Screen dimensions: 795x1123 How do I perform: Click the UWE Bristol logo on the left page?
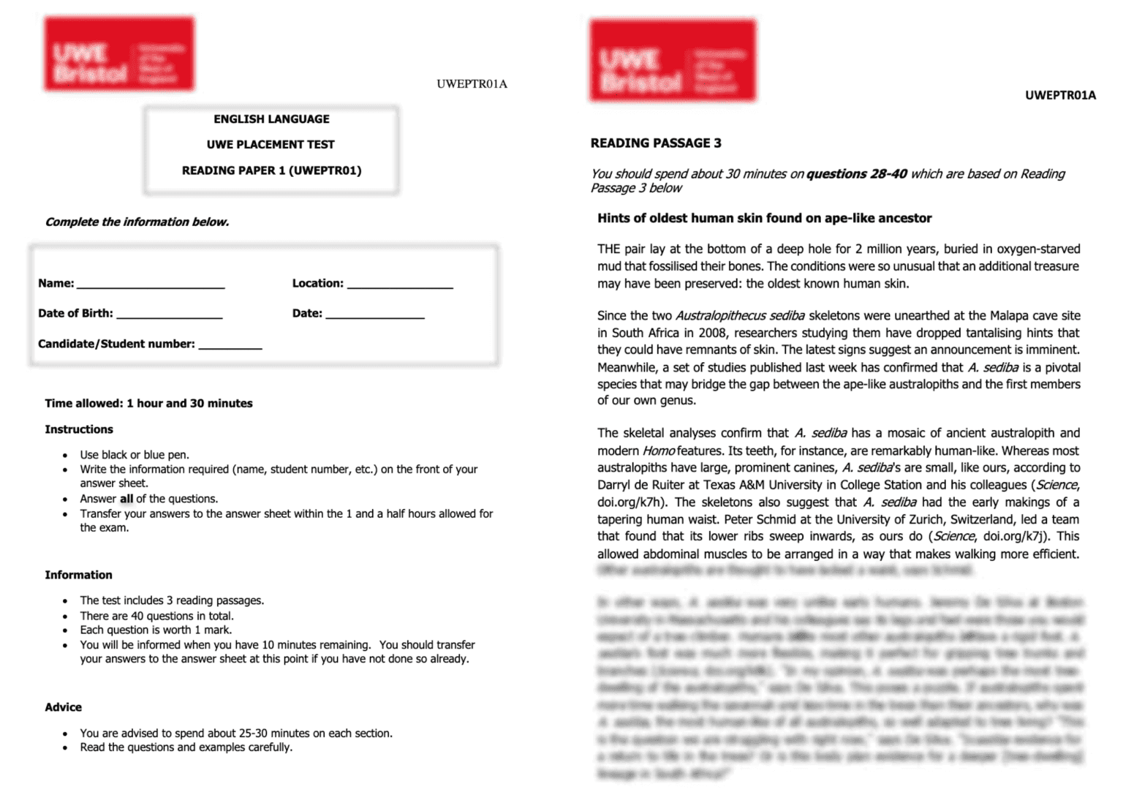click(119, 54)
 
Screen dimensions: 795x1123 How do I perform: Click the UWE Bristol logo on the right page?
click(673, 61)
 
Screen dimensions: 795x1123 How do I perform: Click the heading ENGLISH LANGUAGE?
click(271, 119)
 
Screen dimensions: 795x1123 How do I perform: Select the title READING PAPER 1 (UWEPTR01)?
click(271, 170)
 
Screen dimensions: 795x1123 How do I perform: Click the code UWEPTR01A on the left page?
click(472, 84)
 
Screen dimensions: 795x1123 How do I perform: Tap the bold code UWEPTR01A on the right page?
click(1060, 95)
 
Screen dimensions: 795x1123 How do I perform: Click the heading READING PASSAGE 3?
click(656, 143)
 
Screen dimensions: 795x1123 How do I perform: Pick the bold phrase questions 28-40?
click(856, 174)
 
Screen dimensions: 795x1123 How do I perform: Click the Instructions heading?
click(79, 429)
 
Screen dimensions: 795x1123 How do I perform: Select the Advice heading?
click(64, 707)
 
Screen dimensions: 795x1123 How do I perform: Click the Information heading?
click(78, 575)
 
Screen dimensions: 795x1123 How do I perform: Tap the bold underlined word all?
click(126, 499)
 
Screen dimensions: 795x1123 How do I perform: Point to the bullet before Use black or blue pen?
click(65, 456)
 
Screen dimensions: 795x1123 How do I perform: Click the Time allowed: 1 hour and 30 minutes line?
click(148, 403)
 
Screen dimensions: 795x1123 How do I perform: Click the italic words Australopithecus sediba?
click(740, 316)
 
